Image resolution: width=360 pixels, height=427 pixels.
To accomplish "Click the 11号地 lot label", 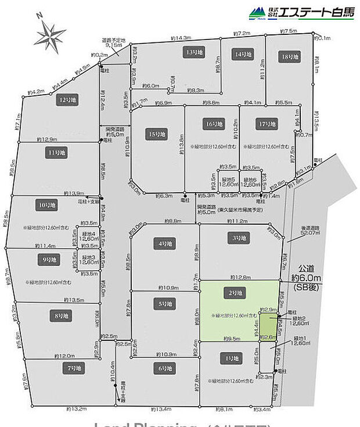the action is tap(57, 152).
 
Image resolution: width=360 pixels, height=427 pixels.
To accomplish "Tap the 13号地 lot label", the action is tap(193, 52).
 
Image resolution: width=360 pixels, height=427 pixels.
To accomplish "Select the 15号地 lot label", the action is tap(157, 134).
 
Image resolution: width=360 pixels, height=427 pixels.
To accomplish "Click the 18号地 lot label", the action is tap(289, 57).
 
